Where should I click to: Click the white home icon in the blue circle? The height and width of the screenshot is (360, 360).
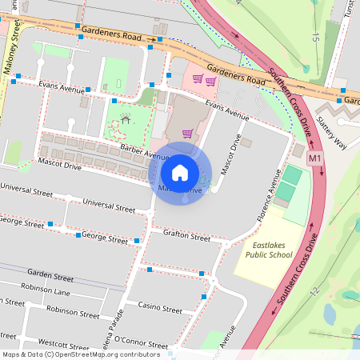pos(180,172)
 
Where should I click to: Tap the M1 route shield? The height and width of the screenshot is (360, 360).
pos(315,158)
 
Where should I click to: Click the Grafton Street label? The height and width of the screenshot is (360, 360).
pos(186,238)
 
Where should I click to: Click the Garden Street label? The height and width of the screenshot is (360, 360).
pos(50,276)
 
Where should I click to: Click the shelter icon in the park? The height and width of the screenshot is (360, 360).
pos(124,120)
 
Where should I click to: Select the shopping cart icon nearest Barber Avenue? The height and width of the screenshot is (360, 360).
pos(187,134)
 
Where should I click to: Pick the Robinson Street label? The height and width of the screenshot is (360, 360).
pos(72,310)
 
